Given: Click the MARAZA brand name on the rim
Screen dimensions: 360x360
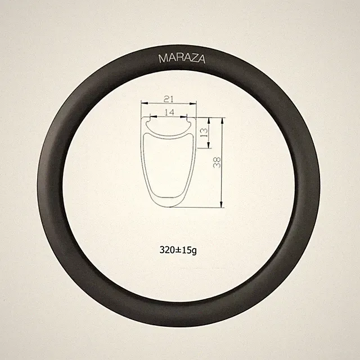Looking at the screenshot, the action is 182,58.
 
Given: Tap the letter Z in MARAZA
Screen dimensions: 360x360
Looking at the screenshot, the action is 193,58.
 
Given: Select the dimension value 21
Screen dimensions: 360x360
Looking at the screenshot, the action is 169,99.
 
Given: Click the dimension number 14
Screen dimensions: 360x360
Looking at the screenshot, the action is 169,112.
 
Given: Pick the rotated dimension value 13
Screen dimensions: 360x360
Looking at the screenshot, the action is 204,133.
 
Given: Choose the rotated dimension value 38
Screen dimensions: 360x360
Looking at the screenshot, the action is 217,163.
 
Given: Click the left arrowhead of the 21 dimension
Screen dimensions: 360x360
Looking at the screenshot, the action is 145,103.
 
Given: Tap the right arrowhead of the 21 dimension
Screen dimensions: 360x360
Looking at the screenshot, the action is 193,103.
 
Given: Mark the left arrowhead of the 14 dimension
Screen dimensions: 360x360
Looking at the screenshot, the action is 153,116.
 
